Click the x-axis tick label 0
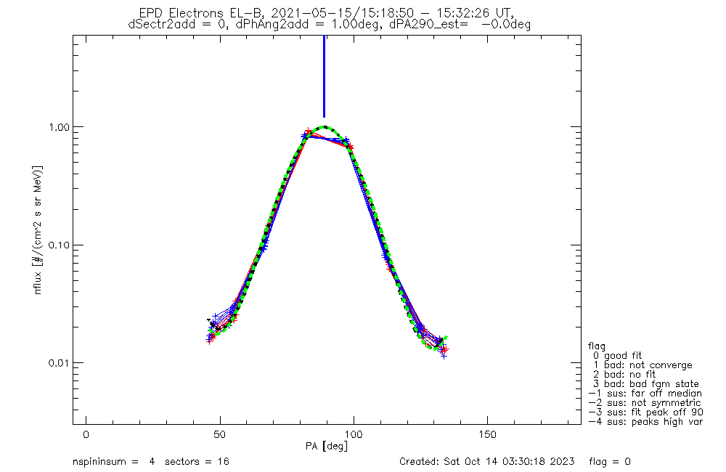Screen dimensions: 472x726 (x=86, y=434)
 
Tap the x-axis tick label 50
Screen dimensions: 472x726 (x=220, y=434)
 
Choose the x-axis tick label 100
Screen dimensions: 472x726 (x=354, y=434)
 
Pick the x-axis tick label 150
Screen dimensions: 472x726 (x=487, y=434)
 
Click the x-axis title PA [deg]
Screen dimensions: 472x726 (x=327, y=445)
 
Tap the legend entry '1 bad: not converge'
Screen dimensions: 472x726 (x=642, y=365)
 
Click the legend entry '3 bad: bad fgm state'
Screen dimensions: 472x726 (x=645, y=383)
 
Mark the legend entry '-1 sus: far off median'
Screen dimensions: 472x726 (x=645, y=393)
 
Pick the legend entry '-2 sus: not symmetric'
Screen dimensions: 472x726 (x=645, y=402)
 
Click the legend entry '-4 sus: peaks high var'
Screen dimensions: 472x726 (x=645, y=421)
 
